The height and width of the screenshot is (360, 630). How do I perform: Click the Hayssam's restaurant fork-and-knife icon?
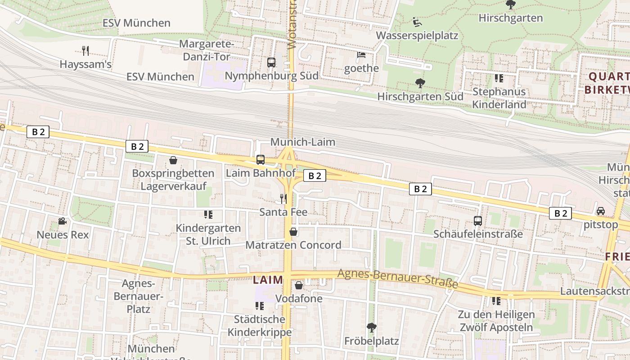pos(85,50)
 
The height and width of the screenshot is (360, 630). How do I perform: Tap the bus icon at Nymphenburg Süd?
pos(271,63)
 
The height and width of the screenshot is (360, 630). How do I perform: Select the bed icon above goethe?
pos(361,55)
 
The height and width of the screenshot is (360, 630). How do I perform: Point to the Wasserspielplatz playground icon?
pos(417,22)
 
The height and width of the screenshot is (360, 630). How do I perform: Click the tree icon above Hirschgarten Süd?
pos(420,83)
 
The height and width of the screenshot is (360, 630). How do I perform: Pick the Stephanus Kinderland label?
pos(499,98)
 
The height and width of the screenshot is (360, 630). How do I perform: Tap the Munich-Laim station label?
pos(302,142)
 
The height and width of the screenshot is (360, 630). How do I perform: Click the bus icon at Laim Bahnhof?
pos(260,159)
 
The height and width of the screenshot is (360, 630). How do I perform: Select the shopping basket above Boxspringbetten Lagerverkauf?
pos(173,160)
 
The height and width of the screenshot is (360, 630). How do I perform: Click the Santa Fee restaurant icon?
pos(283,198)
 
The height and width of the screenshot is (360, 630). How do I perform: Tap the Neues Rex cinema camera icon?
pos(62,221)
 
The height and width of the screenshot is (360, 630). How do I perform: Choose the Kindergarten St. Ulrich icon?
pos(208,215)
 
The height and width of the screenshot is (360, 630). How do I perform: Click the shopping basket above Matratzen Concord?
pos(293,232)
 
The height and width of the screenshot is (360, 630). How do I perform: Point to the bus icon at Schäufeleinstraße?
pos(478,221)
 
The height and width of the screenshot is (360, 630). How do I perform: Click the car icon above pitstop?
pos(600,211)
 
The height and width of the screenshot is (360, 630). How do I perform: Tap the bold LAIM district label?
pos(268,280)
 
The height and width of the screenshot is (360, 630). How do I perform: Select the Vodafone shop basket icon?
pos(299,285)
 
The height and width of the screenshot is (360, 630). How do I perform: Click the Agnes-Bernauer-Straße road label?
pos(398,279)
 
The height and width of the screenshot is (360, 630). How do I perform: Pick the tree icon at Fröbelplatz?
pos(371,327)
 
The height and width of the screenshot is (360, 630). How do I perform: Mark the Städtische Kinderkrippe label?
pos(260,326)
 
